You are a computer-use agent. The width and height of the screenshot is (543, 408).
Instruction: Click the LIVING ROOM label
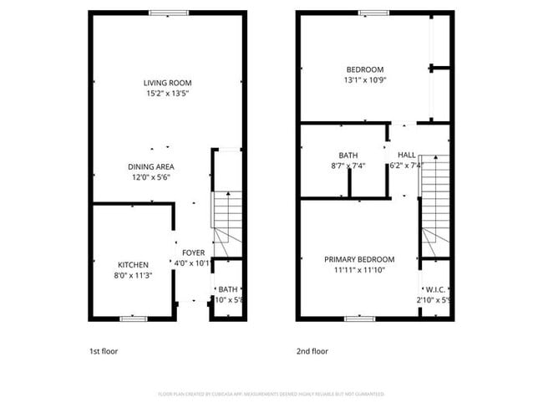tap(167, 83)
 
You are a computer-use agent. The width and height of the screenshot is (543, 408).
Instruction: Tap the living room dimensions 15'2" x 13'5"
tap(167, 94)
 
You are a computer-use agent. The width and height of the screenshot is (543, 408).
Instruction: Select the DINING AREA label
tap(150, 166)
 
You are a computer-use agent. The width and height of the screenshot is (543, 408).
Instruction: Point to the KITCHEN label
tap(133, 264)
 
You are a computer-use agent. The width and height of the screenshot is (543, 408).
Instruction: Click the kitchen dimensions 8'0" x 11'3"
tap(133, 275)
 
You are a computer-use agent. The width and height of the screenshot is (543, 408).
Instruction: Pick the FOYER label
tap(193, 252)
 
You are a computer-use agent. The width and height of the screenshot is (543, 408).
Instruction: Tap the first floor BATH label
tap(228, 289)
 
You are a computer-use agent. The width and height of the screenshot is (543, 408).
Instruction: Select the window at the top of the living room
tap(163, 13)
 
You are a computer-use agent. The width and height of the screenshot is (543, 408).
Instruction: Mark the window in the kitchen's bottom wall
tap(133, 319)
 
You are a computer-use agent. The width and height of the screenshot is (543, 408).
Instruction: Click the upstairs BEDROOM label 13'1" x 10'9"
tap(365, 69)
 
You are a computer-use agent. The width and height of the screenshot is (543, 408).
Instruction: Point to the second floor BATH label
tap(348, 156)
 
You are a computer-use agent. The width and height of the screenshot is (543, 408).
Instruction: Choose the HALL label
tap(407, 156)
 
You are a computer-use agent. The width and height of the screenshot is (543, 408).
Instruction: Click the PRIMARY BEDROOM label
tap(359, 259)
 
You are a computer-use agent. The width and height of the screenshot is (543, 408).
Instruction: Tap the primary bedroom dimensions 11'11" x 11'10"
tap(359, 270)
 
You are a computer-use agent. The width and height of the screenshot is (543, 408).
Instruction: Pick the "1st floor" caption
tap(104, 351)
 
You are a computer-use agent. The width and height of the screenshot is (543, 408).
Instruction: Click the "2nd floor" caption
tap(312, 351)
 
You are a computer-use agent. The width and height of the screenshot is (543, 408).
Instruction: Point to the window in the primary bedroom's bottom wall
tap(359, 319)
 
